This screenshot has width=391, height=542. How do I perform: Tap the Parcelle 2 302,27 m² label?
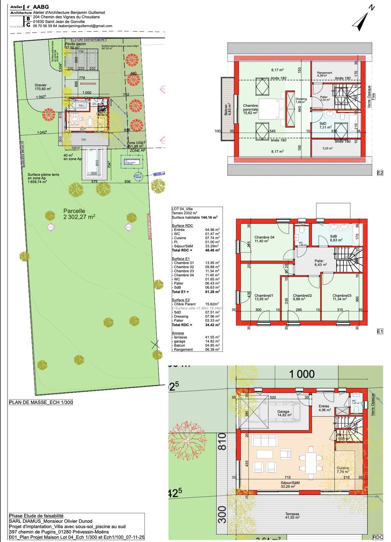click(x=79, y=214)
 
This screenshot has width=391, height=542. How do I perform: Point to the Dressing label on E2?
click(x=301, y=101)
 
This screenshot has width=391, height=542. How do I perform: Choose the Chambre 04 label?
click(x=264, y=239)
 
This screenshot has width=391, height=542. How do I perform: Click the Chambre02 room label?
click(x=302, y=297)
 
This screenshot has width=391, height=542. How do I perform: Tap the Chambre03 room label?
click(x=342, y=297)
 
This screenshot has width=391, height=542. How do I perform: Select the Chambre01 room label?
click(x=264, y=297)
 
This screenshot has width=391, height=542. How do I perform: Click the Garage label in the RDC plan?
click(x=283, y=413)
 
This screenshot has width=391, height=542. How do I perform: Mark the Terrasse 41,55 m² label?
click(x=292, y=516)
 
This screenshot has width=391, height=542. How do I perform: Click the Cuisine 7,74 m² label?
click(x=343, y=470)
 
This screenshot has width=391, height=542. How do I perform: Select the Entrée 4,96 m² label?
click(x=324, y=408)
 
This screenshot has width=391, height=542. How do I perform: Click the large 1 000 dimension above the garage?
click(x=301, y=374)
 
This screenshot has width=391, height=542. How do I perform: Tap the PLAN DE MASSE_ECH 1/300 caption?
click(x=41, y=402)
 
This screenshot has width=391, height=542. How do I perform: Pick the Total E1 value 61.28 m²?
click(x=212, y=292)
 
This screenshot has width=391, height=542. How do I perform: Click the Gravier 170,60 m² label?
click(x=41, y=87)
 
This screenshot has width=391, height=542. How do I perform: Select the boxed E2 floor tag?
click(x=380, y=173)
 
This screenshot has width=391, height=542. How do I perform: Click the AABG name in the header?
click(x=41, y=7)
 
